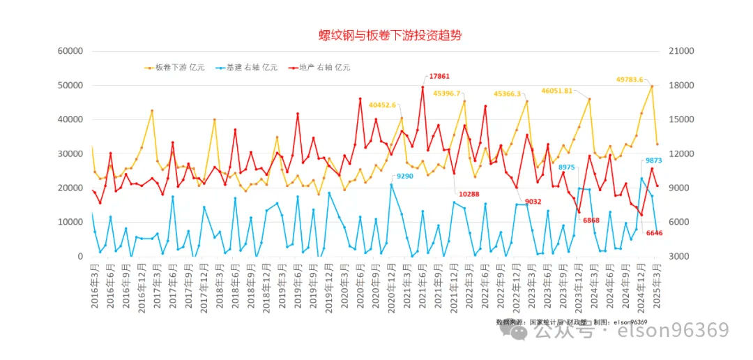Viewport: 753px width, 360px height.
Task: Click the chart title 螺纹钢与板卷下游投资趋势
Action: pos(390,35)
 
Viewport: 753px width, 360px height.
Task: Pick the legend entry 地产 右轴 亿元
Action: pos(324,68)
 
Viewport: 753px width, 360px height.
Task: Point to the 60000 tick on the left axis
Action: pos(70,51)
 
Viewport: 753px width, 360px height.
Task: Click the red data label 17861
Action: pos(439,76)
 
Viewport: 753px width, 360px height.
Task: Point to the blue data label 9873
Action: pos(654,160)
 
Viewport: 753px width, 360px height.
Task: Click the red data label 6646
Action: pos(654,232)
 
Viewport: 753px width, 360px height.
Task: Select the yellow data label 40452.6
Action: pos(383,105)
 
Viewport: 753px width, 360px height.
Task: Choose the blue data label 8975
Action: pos(567,167)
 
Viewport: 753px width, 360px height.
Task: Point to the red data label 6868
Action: pos(591,220)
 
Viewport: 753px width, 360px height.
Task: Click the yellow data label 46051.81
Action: pos(557,91)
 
